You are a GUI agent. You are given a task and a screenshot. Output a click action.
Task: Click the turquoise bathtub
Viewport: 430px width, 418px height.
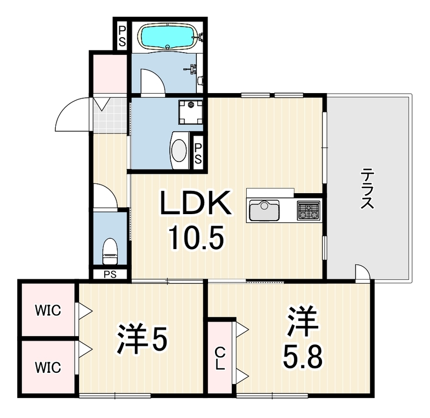click(x=168, y=37)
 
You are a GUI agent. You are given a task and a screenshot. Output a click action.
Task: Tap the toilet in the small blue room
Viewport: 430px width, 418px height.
click(x=110, y=251)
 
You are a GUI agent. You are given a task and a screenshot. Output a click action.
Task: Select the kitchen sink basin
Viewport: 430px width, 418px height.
click(x=264, y=210)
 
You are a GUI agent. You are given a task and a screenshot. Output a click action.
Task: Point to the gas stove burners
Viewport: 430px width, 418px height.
click(x=309, y=210)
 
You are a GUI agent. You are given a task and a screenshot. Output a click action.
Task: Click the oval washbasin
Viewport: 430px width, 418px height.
click(x=179, y=151)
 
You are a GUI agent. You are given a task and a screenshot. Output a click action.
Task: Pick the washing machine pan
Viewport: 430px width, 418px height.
click(x=191, y=112)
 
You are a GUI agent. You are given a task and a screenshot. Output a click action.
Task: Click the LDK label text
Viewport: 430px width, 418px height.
click(x=195, y=203)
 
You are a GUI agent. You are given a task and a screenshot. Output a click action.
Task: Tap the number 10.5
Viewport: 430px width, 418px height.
click(x=196, y=237)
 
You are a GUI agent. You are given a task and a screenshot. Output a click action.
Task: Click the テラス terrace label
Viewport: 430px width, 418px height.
click(x=367, y=189)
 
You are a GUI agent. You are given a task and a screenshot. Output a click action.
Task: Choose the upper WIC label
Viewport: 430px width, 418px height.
click(x=48, y=310)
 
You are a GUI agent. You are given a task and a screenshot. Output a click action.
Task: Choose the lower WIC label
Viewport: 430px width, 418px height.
click(x=48, y=367)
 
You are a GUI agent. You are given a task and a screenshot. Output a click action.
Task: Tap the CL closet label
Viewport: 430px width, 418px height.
click(x=220, y=358)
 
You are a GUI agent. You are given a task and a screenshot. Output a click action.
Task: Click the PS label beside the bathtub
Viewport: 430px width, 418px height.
click(x=122, y=37)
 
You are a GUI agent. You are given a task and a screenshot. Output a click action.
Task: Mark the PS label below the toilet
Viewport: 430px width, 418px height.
click(x=110, y=274)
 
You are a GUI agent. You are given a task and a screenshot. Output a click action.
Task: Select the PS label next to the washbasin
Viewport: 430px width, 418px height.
click(x=198, y=154)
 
